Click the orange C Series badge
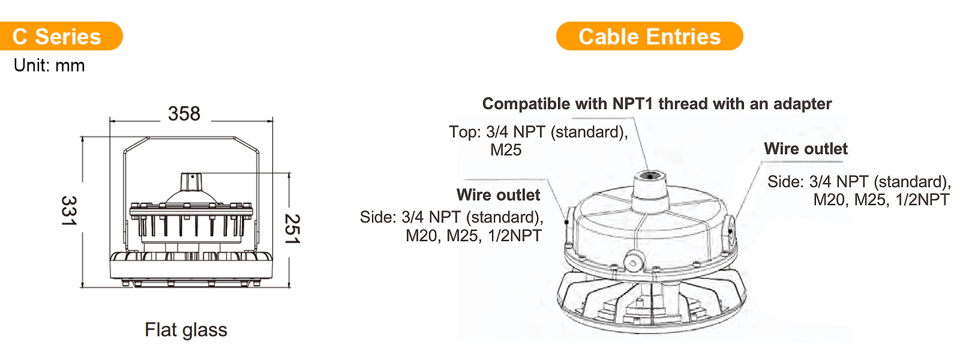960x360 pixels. pos(61,36)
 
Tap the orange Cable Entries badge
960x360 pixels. pos(649,36)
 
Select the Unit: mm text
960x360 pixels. pos(49,65)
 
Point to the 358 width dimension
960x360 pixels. pos(184,113)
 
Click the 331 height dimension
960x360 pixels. pos(69,211)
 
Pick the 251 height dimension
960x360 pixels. pos(293,229)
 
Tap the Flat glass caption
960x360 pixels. pos(186,330)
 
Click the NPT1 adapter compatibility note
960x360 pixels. pos(657,104)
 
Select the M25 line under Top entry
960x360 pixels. pos(506,150)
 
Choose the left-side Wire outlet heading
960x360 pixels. pos(498,195)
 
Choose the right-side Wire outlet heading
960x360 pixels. pos(806,149)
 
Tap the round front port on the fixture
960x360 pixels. pos(634,262)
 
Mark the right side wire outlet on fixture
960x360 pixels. pos(730,232)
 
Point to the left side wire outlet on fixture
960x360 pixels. pos(568,223)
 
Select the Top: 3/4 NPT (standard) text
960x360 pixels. pos(538,132)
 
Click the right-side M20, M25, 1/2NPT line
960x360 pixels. pos(881,200)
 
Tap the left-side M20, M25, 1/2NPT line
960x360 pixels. pos(473,236)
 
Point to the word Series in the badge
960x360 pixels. pos(68,37)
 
